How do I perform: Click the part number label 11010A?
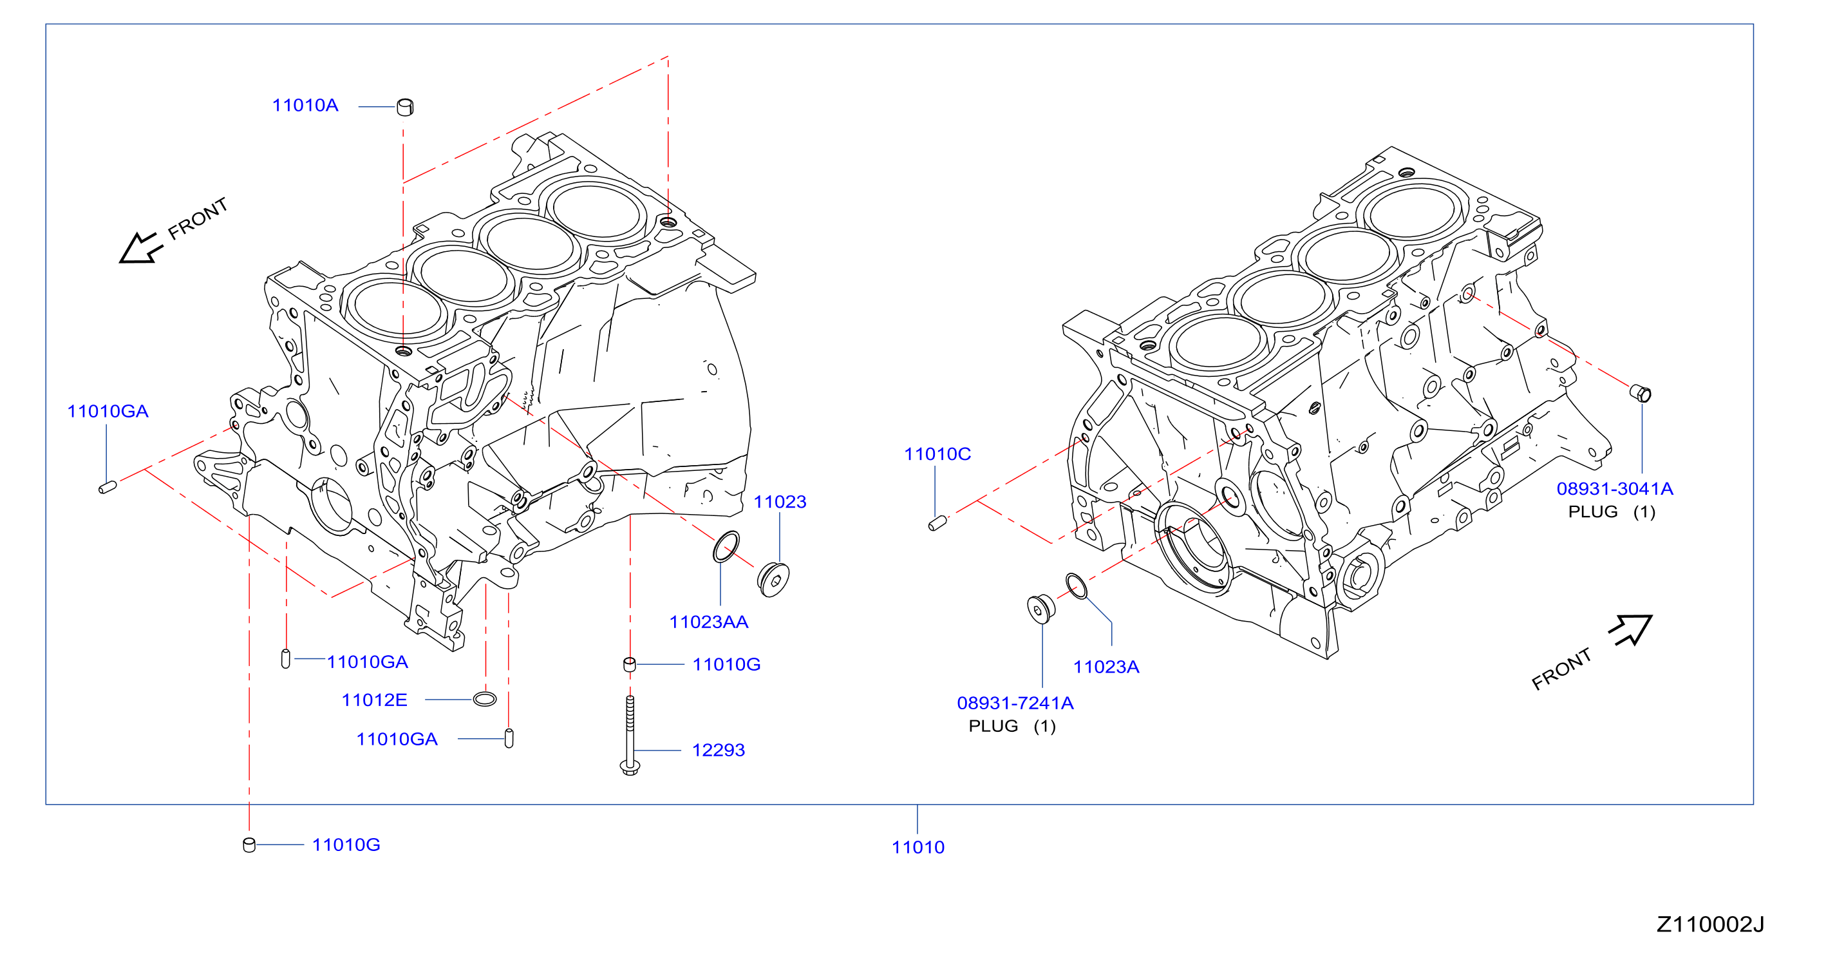coord(305,106)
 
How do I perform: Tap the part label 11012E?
coord(374,700)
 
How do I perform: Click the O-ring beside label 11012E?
coord(484,699)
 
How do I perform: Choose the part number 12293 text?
coord(718,750)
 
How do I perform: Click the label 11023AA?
coord(708,622)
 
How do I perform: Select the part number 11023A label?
coord(1106,667)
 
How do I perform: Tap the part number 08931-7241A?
coord(1015,703)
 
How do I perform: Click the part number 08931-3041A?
coord(1614,489)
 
